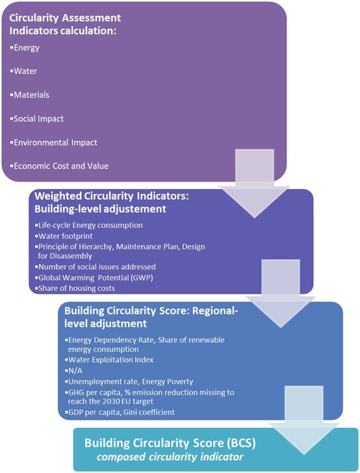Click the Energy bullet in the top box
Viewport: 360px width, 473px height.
pyautogui.click(x=24, y=48)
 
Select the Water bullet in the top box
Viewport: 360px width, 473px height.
pyautogui.click(x=23, y=71)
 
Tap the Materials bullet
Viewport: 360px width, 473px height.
pyautogui.click(x=29, y=95)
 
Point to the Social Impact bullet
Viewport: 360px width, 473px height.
pyautogui.click(x=37, y=119)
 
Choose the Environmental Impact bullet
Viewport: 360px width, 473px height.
pyautogui.click(x=53, y=142)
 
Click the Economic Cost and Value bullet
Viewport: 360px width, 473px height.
pyautogui.click(x=59, y=166)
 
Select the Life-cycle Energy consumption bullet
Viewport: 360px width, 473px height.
pyautogui.click(x=89, y=225)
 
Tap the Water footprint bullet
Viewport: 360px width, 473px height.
pyautogui.click(x=63, y=236)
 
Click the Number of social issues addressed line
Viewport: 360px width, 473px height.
pyautogui.click(x=95, y=267)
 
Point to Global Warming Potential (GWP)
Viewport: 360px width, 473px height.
pyautogui.click(x=94, y=277)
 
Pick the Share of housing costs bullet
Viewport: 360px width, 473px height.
pyautogui.click(x=75, y=288)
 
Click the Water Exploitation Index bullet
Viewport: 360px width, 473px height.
pyautogui.click(x=109, y=360)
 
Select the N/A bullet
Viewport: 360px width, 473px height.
pyautogui.click(x=73, y=370)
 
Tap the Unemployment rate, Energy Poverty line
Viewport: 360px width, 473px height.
pyautogui.click(x=129, y=382)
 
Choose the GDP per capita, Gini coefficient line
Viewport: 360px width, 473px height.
pyautogui.click(x=119, y=412)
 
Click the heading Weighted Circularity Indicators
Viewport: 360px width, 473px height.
pyautogui.click(x=112, y=196)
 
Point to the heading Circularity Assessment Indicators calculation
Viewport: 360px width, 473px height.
pyautogui.click(x=65, y=24)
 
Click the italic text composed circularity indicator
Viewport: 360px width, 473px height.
pyautogui.click(x=170, y=456)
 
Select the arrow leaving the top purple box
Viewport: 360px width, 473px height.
pyautogui.click(x=255, y=183)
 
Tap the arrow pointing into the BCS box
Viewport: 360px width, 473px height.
pyautogui.click(x=304, y=420)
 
